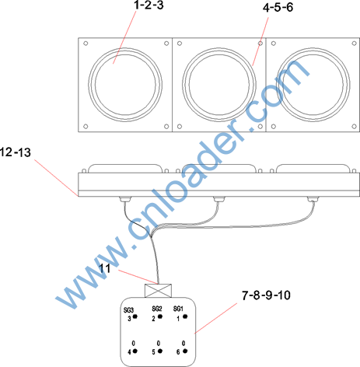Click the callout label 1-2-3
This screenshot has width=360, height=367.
click(149, 5)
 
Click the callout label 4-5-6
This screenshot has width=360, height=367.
click(278, 8)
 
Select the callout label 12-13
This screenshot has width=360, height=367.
click(16, 152)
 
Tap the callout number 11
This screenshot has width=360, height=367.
click(105, 268)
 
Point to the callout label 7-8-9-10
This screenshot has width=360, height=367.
click(266, 295)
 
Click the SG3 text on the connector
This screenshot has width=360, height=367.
click(128, 310)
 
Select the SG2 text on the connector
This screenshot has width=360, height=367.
click(157, 309)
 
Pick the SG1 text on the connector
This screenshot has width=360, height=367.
click(178, 309)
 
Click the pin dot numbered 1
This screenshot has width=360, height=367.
click(185, 316)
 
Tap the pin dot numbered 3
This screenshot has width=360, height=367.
click(135, 316)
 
